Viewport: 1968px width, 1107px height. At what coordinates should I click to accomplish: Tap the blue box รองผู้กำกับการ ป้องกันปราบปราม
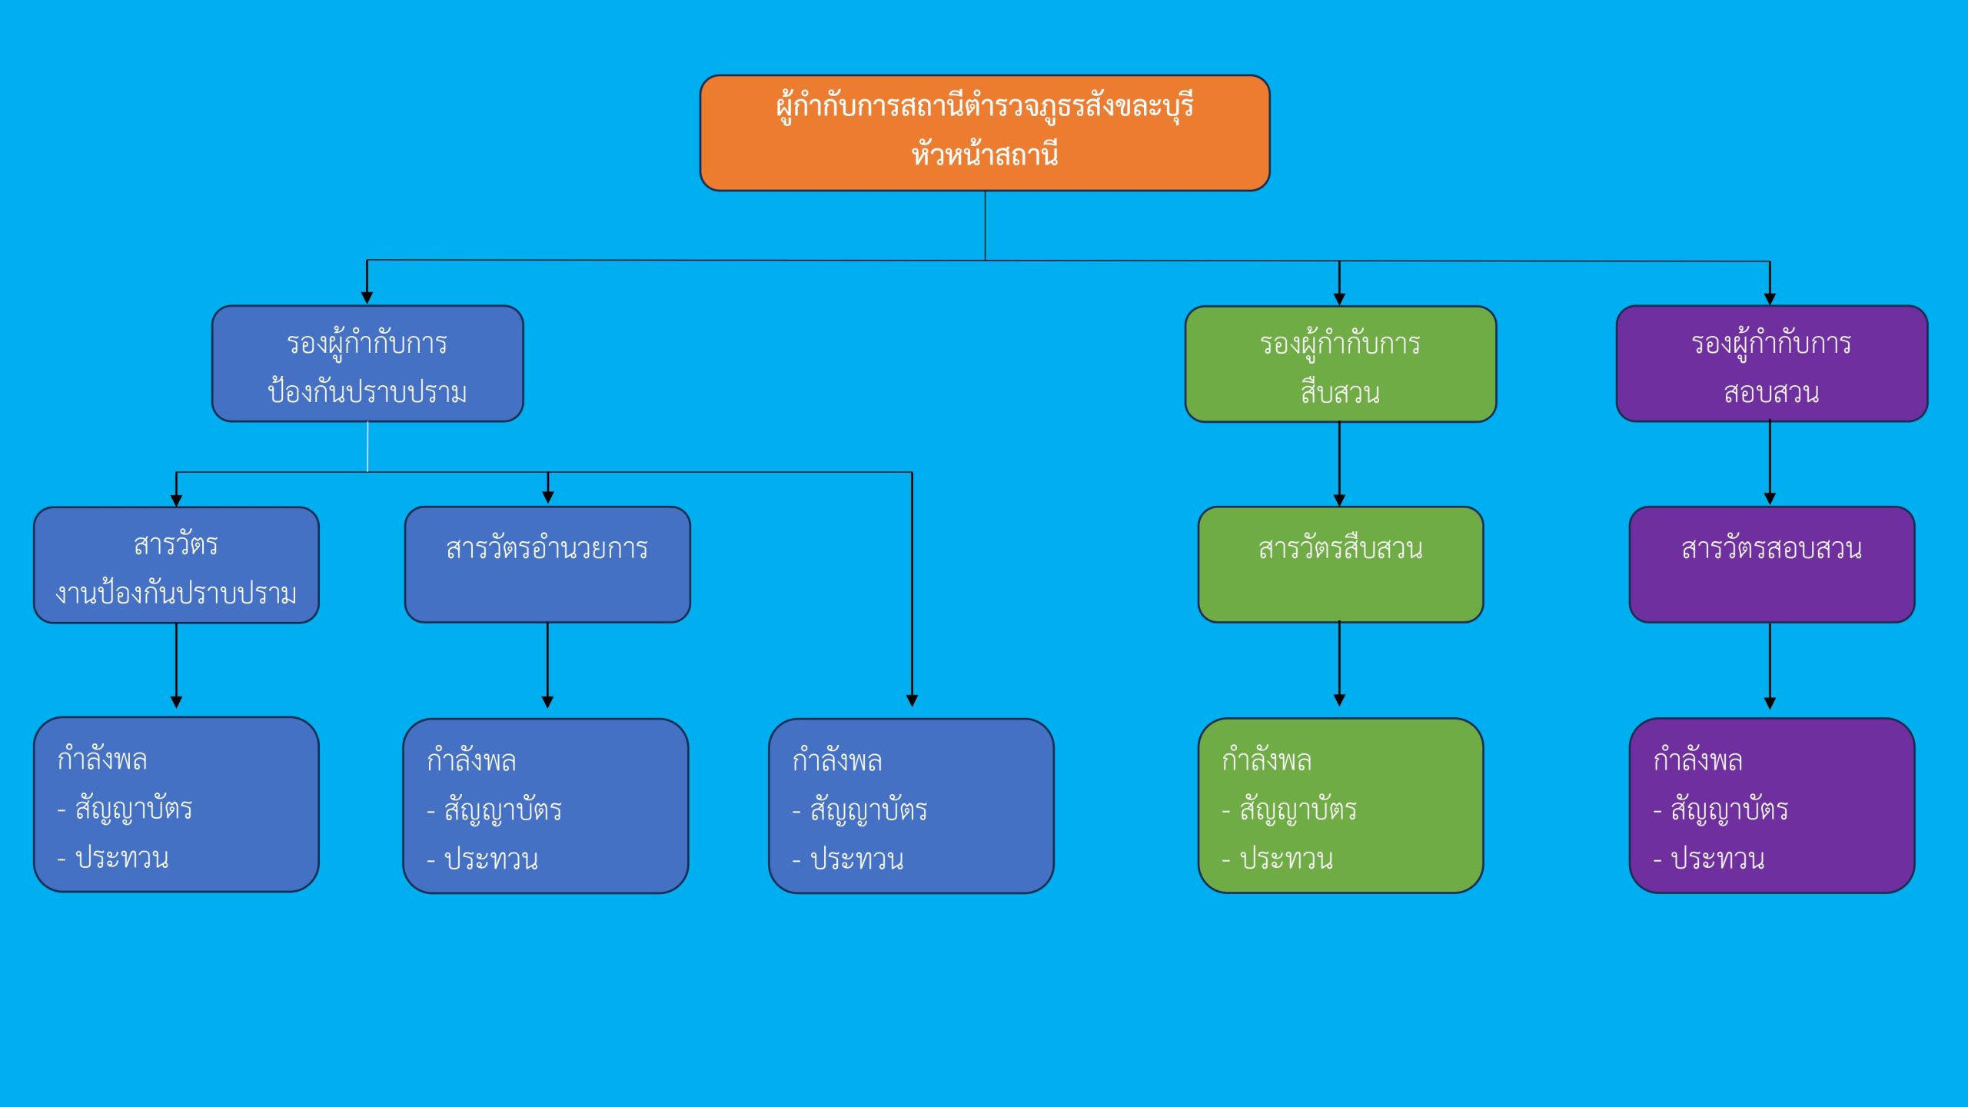click(x=367, y=364)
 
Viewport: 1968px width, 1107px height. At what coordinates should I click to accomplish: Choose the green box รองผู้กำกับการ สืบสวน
click(x=1340, y=364)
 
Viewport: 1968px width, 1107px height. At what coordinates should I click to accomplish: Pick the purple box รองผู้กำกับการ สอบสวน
click(x=1771, y=364)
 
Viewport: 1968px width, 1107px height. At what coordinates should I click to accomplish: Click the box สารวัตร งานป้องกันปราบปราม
click(x=176, y=566)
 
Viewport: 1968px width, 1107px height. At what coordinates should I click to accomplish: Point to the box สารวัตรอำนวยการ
click(x=547, y=565)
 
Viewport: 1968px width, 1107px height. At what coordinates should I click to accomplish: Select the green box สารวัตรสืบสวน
click(x=1340, y=565)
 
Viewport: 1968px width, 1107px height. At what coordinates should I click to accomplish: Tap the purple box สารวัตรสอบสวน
click(x=1771, y=565)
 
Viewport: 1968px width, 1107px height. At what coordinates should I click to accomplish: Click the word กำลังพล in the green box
click(x=1266, y=760)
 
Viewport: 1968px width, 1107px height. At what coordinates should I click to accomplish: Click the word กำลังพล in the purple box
click(x=1697, y=760)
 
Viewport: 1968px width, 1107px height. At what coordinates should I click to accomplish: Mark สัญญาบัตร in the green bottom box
click(x=1298, y=809)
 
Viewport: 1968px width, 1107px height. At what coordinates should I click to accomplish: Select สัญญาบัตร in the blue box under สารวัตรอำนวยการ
click(x=503, y=810)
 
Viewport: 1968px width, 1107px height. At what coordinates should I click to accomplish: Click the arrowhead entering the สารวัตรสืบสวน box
click(x=1339, y=500)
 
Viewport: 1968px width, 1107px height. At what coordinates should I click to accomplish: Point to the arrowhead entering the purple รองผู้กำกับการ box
click(x=1770, y=298)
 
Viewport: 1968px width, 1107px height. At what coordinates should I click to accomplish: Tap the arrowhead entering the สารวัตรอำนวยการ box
click(x=547, y=498)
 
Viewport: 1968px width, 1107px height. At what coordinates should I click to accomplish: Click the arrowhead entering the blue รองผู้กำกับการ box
click(x=367, y=298)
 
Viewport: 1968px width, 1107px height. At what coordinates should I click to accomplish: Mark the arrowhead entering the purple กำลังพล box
click(x=1770, y=703)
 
